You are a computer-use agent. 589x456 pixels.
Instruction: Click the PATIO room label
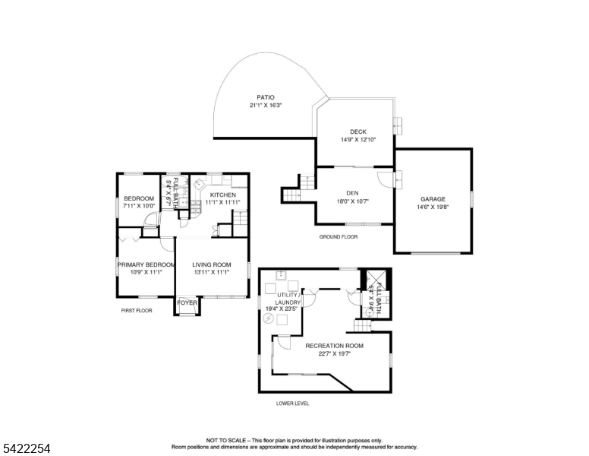point(265,97)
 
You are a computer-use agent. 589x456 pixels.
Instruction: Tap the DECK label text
point(358,131)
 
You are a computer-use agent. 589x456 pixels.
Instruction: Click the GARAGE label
point(433,199)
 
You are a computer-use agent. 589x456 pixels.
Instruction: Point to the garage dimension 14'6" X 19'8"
point(433,207)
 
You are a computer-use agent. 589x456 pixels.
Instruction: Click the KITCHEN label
point(223,195)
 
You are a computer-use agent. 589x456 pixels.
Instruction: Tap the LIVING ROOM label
point(211,264)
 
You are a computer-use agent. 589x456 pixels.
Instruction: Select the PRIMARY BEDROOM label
point(146,264)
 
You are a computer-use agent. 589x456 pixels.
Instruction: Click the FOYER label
point(187,302)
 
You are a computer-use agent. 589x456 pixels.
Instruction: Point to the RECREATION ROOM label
point(334,346)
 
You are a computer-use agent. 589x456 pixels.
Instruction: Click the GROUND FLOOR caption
point(338,237)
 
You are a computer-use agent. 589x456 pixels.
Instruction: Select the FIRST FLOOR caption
point(137,311)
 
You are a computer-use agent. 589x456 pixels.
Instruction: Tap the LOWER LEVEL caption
point(292,404)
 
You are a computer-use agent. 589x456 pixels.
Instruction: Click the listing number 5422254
point(27,448)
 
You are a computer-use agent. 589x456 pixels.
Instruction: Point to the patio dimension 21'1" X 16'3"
point(265,106)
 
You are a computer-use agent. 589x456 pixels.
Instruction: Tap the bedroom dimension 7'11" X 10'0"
point(139,206)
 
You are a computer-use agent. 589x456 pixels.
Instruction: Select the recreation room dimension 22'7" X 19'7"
point(334,353)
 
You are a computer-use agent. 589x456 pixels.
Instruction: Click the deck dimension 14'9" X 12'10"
point(358,139)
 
